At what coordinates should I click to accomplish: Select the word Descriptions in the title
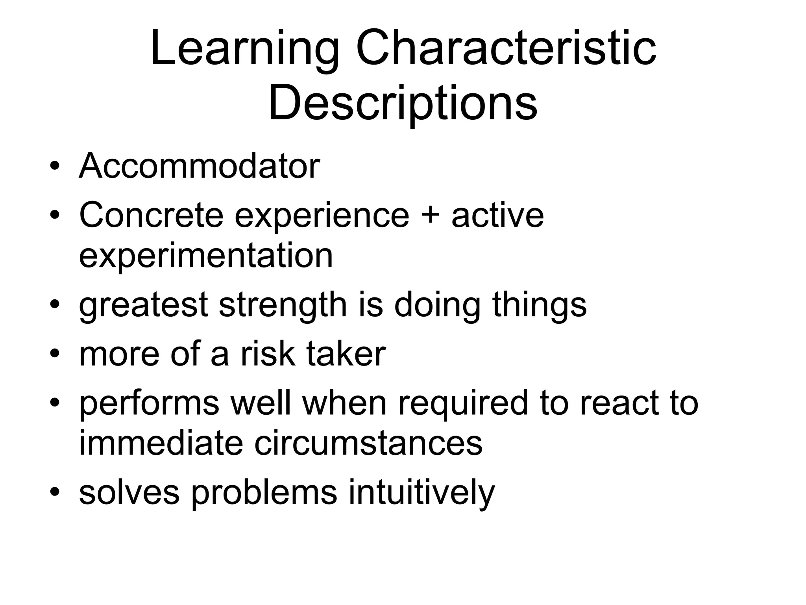403,103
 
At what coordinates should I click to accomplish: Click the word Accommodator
199,166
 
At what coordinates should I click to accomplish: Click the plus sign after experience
430,216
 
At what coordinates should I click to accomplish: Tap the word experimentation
206,256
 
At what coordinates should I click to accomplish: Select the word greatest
143,305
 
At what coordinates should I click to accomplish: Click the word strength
283,305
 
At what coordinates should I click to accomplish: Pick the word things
539,305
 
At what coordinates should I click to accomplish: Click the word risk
268,354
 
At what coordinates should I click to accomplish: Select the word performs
149,404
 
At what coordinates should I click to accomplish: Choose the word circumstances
368,443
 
